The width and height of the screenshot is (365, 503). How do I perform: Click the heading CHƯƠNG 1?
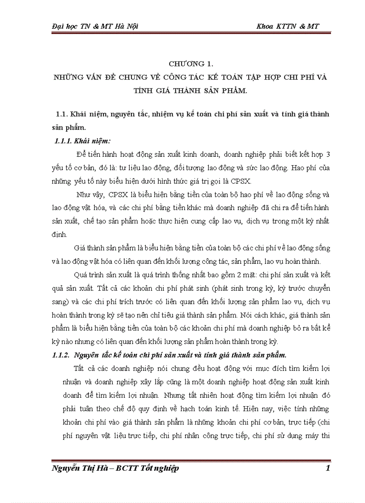click(191, 64)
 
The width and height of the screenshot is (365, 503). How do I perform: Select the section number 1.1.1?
click(64, 141)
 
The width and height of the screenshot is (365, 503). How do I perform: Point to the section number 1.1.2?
click(61, 355)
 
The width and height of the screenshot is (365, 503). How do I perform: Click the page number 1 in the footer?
click(328, 468)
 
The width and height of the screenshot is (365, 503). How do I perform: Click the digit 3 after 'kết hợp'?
click(328, 155)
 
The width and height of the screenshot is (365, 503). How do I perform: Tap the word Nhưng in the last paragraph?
click(175, 396)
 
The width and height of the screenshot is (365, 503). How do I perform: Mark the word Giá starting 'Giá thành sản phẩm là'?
click(81, 248)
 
